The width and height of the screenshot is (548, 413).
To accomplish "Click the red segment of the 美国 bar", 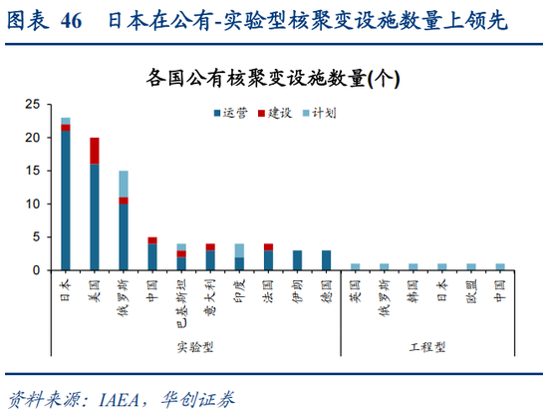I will pyautogui.click(x=95, y=150).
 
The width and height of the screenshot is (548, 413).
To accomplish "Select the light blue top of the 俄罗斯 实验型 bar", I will pyautogui.click(x=124, y=184).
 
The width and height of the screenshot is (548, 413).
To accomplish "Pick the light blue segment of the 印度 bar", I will pyautogui.click(x=239, y=249).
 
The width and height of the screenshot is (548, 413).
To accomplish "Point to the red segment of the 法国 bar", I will pyautogui.click(x=268, y=246).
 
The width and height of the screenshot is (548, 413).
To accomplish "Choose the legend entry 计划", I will pyautogui.click(x=322, y=113).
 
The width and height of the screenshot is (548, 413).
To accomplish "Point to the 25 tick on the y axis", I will pyautogui.click(x=33, y=104).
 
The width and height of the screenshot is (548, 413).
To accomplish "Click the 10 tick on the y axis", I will pyautogui.click(x=33, y=204).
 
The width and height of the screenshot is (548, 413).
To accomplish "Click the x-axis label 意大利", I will pyautogui.click(x=210, y=295).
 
